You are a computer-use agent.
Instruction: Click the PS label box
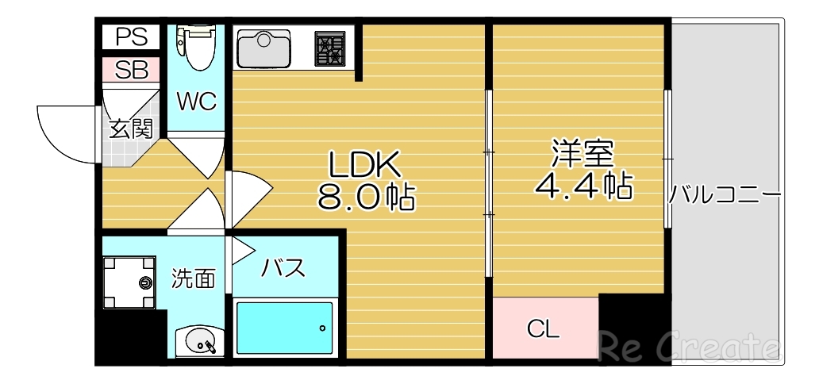(132, 37)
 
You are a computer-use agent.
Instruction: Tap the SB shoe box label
(132, 70)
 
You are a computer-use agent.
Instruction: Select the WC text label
(196, 102)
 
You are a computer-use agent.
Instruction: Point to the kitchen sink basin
(265, 48)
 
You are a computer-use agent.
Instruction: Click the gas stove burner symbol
(330, 48)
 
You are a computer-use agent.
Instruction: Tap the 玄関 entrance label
(131, 128)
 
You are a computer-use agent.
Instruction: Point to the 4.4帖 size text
(583, 186)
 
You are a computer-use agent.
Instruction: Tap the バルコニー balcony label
(725, 193)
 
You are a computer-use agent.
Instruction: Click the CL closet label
(544, 328)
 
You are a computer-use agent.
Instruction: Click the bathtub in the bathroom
(284, 328)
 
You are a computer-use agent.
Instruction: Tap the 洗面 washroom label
(194, 278)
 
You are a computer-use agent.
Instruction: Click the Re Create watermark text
(687, 347)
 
